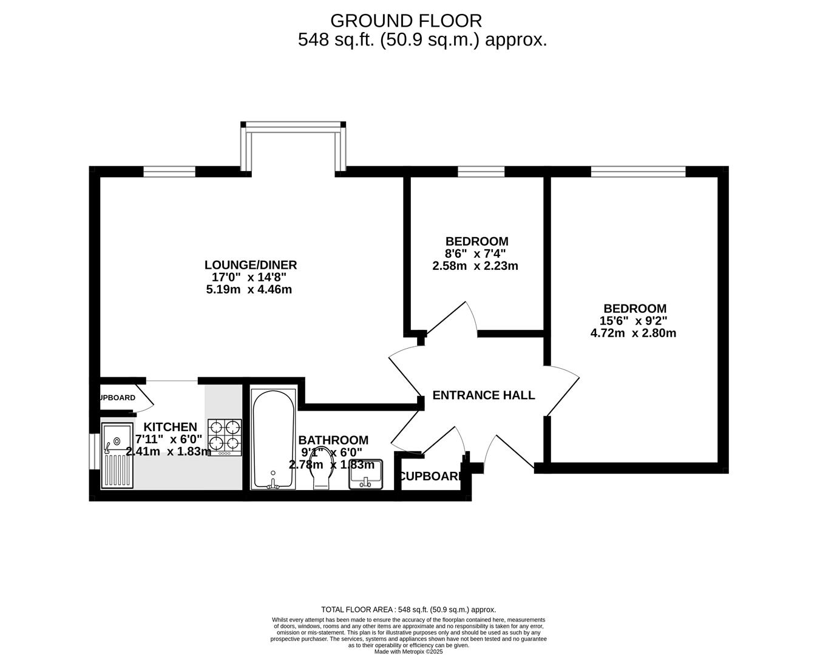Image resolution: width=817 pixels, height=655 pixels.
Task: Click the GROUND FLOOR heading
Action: point(405,21)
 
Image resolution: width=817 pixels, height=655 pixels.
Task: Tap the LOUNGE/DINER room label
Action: point(250,265)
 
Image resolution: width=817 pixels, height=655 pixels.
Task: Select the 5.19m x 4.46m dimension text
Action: point(249,289)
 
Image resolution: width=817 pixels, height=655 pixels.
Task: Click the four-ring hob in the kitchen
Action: point(225,437)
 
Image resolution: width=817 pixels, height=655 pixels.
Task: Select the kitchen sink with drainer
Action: point(117,455)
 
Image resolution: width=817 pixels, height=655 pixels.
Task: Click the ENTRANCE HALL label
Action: point(484,395)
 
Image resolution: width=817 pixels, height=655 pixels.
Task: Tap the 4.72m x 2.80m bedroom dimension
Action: point(633,333)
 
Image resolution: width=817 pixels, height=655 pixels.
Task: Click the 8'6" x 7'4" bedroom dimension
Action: point(475,254)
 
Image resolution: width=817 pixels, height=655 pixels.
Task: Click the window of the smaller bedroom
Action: point(481,172)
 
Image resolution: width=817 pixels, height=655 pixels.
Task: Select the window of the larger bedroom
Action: point(638,172)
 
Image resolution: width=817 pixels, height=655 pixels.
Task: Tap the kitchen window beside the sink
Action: point(94,451)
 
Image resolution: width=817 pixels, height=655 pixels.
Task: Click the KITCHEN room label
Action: point(170,427)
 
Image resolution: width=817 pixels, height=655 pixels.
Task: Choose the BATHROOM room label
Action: point(333,440)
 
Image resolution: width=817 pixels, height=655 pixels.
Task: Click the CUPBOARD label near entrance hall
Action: point(430,477)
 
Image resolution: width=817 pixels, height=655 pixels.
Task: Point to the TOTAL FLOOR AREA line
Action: point(408,610)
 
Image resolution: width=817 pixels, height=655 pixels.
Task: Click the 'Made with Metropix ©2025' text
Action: point(408,651)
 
